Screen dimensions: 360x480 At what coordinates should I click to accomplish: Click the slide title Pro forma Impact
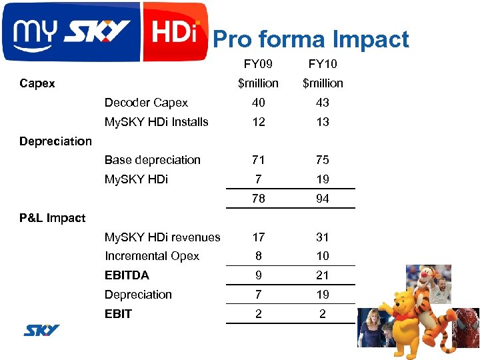[311, 40]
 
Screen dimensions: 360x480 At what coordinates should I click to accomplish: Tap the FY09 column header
[258, 64]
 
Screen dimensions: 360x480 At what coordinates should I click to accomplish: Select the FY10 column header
[323, 64]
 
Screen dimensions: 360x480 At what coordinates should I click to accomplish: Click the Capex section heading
[37, 83]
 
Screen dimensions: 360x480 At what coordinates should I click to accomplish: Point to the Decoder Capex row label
[146, 103]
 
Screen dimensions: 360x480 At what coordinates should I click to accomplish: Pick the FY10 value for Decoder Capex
[323, 103]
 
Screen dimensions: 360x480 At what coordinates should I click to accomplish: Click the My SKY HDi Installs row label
[156, 122]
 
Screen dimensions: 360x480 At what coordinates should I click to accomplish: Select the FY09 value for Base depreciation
[258, 160]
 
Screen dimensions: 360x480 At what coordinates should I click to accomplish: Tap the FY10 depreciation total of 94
[323, 199]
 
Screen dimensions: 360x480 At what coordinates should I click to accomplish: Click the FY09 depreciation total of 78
[258, 199]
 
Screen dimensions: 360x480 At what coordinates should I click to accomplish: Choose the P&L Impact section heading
[53, 218]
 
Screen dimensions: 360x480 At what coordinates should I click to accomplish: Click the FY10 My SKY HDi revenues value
[323, 237]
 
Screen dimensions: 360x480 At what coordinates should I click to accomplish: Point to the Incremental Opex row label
[151, 256]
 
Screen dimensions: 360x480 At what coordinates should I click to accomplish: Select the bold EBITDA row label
[127, 275]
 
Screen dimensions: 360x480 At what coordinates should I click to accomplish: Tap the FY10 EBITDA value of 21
[323, 275]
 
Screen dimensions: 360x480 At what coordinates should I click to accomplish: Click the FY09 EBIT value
[258, 314]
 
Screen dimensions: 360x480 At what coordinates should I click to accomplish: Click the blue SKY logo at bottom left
[42, 330]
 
